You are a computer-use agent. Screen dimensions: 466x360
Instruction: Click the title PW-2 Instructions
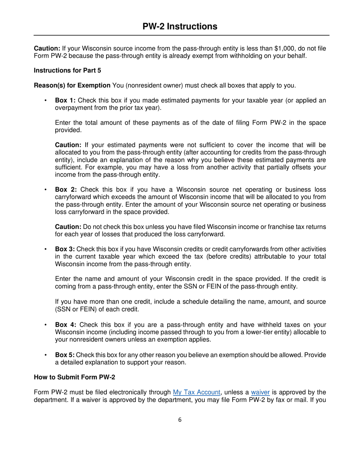pyautogui.click(x=180, y=26)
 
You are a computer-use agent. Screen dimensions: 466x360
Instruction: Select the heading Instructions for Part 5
pyautogui.click(x=67, y=70)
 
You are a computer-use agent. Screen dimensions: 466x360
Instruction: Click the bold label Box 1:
pyautogui.click(x=66, y=100)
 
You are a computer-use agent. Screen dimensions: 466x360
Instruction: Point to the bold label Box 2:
pyautogui.click(x=66, y=189)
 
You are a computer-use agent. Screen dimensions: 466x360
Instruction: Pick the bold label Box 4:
pyautogui.click(x=66, y=325)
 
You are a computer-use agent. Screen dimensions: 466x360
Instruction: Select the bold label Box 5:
pyautogui.click(x=65, y=355)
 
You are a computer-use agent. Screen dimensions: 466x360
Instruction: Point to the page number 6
pyautogui.click(x=180, y=419)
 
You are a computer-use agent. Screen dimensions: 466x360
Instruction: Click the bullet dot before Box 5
pyautogui.click(x=45, y=355)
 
